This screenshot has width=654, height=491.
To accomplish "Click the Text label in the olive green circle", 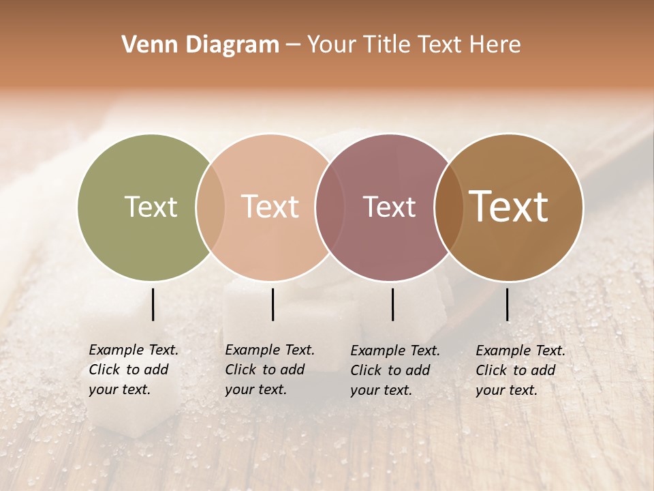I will (151, 207).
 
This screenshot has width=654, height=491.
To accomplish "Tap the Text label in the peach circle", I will (270, 207).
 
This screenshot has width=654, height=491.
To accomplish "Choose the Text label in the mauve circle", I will (389, 207).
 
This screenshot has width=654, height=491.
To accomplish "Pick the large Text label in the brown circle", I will (509, 207).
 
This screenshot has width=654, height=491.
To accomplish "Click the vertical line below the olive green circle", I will (153, 304).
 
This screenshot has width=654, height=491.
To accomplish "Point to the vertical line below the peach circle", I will (272, 304).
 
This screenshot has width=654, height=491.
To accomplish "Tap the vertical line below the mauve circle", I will (393, 304).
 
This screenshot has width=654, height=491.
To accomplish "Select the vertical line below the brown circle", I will (508, 304).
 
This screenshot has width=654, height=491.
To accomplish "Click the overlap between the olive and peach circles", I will (211, 207).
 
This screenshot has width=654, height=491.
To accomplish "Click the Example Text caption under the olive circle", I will (134, 370).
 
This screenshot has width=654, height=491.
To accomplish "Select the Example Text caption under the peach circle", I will (270, 370).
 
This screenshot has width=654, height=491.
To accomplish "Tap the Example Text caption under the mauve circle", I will (395, 370).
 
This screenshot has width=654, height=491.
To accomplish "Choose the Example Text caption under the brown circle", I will (520, 370).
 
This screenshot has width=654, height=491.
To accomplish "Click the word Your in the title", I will (332, 45).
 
